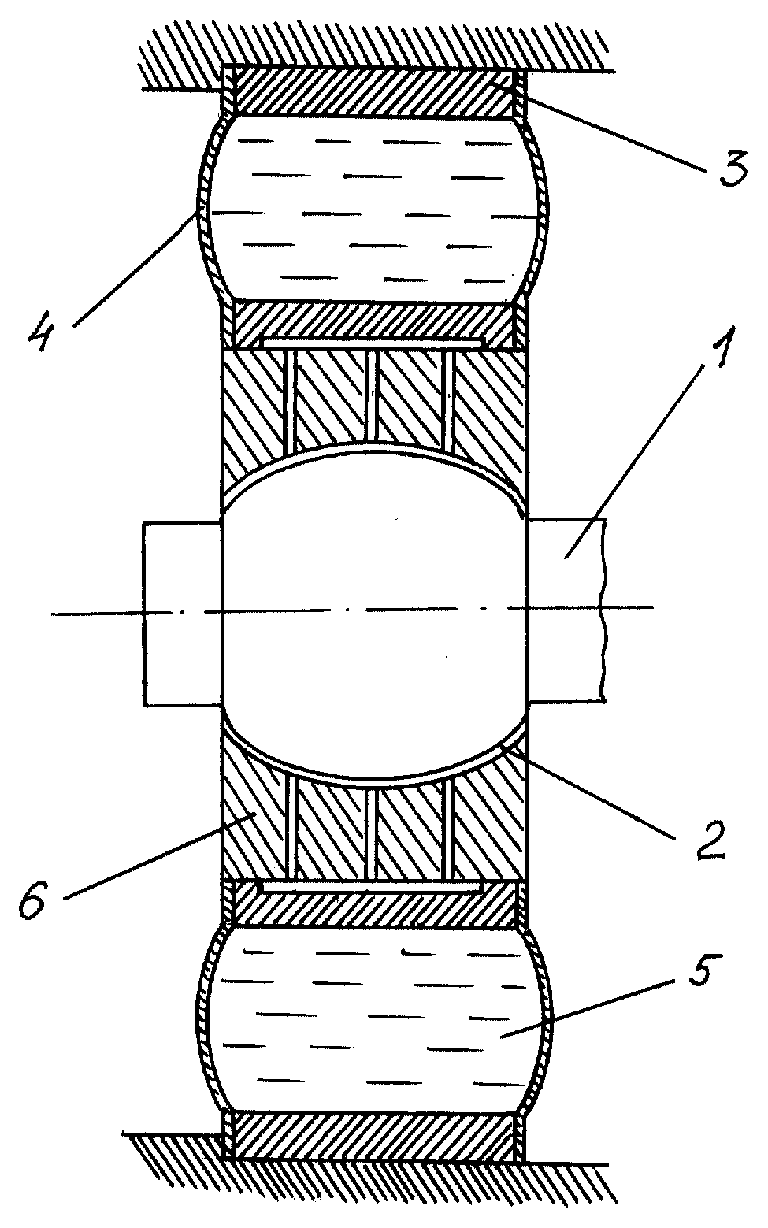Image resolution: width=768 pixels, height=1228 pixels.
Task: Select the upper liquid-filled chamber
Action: (374, 208)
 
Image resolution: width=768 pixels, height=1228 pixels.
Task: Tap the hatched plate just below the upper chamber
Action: (374, 325)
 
